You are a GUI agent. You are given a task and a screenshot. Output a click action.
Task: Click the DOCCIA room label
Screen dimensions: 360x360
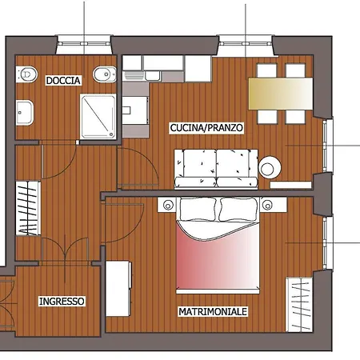point(62,80)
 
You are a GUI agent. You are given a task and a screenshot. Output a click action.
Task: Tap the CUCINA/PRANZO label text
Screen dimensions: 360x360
point(206,128)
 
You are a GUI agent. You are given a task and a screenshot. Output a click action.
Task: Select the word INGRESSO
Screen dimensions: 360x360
point(62,302)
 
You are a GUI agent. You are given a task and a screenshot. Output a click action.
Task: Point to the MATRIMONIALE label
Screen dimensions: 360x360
point(213,310)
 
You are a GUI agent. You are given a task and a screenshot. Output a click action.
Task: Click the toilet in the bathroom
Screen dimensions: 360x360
point(27,74)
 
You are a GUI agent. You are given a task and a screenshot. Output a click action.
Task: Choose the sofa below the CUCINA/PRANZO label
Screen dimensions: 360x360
point(218,168)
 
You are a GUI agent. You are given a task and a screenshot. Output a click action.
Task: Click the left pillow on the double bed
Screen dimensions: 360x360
point(198,210)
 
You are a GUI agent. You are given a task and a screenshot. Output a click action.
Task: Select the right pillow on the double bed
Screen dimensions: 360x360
point(239,210)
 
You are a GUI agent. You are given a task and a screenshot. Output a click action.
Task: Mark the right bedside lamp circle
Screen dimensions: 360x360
point(270,205)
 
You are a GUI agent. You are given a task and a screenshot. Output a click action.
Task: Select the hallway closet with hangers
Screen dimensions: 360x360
point(27,208)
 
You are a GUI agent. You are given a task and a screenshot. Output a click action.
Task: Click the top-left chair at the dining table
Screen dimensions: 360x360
point(265,70)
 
